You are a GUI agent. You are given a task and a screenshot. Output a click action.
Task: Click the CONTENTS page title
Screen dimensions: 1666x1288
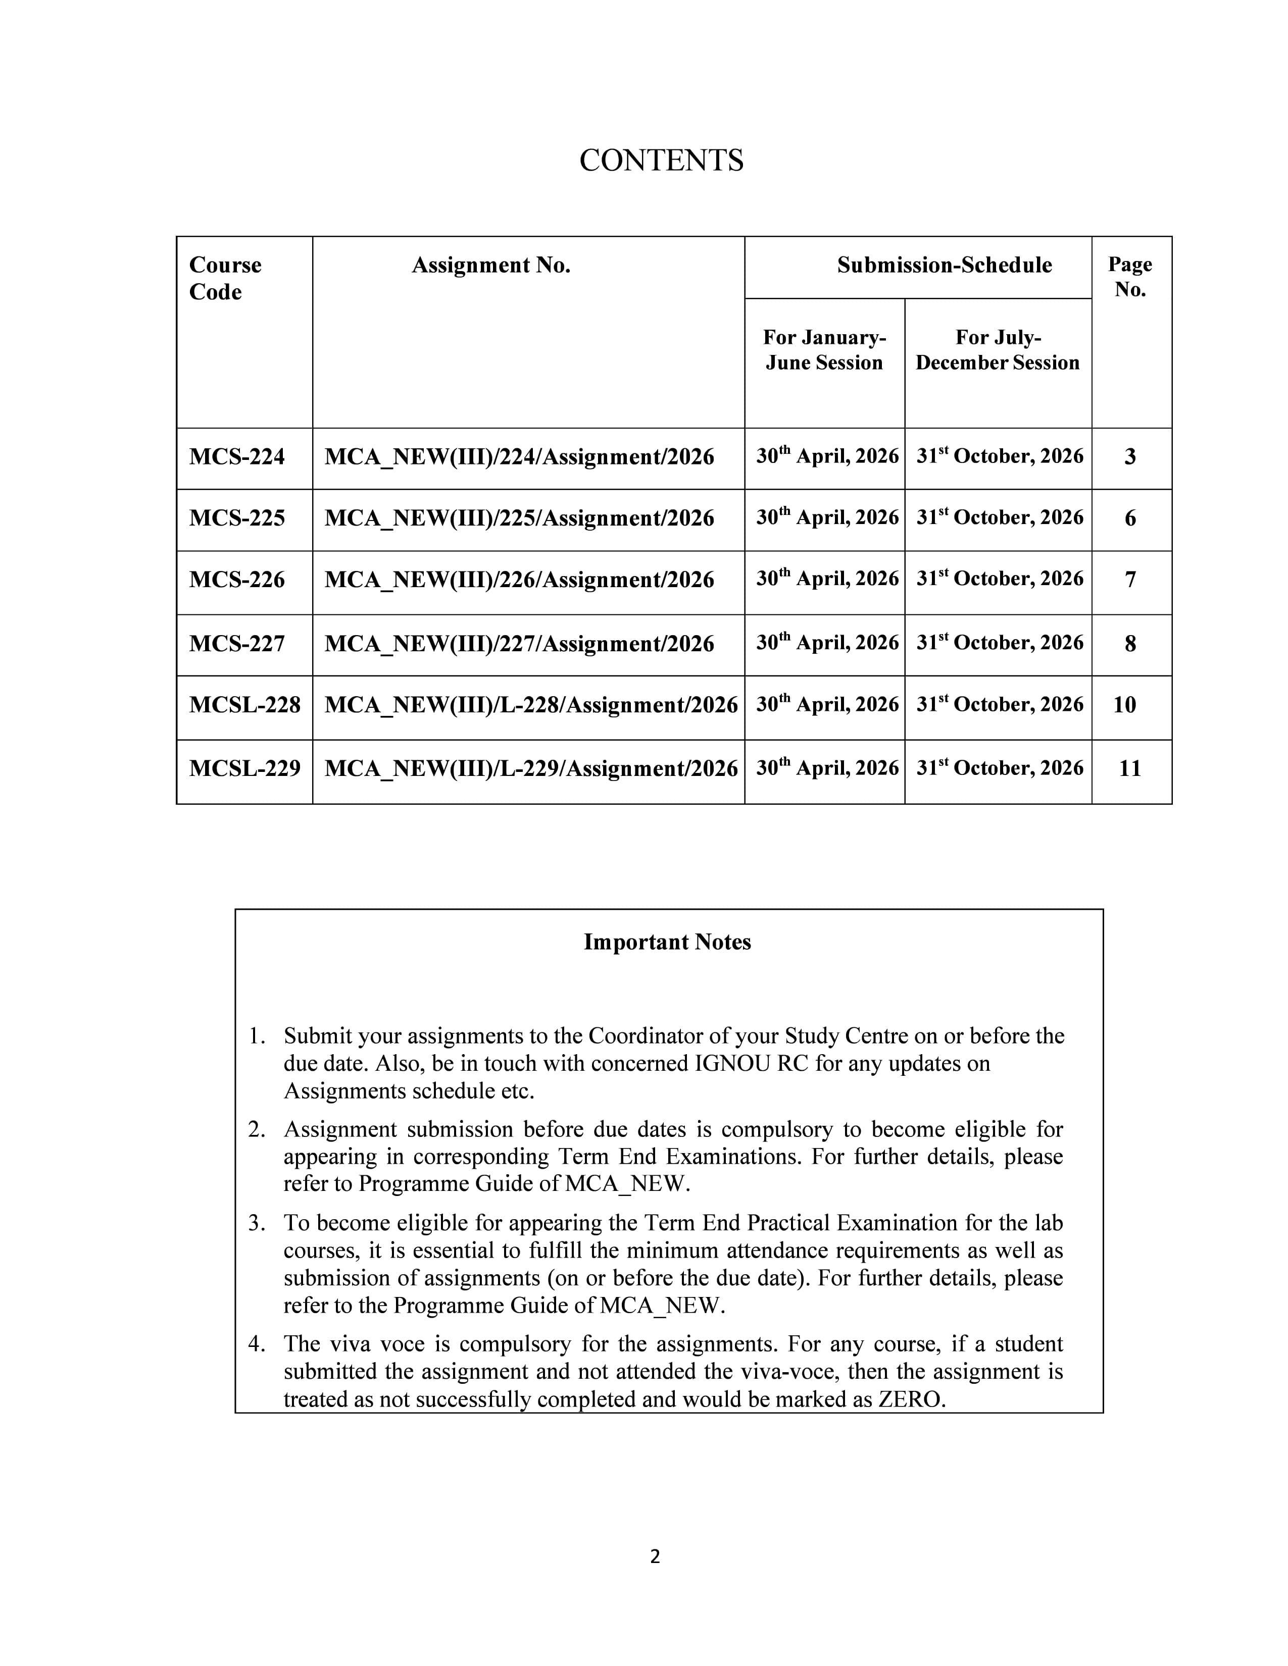(661, 160)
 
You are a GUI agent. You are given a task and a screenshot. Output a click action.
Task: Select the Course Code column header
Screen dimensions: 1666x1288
(225, 279)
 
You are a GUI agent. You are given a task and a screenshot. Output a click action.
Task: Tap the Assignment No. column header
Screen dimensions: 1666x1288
(490, 266)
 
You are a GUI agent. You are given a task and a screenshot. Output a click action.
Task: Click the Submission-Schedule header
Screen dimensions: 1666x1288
(944, 266)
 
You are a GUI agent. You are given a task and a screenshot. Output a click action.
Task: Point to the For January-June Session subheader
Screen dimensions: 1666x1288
(824, 350)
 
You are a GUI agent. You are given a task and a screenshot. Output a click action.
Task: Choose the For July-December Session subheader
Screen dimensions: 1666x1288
(997, 350)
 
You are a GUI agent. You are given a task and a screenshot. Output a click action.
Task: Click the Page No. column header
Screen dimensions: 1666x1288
(1130, 277)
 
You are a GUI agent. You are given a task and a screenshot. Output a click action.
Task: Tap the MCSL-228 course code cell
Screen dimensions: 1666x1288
(244, 704)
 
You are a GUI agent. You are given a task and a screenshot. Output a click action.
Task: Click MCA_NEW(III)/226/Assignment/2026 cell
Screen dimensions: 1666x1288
(519, 580)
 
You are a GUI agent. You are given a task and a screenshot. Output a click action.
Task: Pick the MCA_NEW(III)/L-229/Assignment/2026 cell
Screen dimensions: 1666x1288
(531, 768)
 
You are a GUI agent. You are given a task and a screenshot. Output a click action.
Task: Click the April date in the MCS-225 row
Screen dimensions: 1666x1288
(827, 518)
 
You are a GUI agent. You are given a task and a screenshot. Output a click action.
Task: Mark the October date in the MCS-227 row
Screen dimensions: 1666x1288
(1000, 643)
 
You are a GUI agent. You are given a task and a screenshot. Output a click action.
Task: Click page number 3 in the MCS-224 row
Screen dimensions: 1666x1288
(1130, 457)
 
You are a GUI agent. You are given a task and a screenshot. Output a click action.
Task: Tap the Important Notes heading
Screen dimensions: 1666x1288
(667, 942)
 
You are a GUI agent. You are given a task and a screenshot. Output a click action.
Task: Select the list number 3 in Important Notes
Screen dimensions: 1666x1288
(255, 1223)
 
